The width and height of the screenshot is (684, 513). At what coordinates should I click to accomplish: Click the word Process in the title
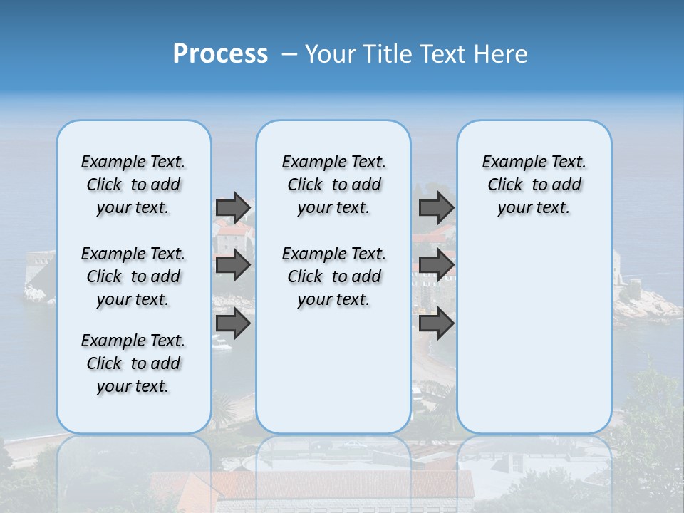(220, 54)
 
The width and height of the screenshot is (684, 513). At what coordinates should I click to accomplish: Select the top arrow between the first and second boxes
(233, 207)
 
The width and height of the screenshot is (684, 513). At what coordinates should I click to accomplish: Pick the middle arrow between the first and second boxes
(233, 265)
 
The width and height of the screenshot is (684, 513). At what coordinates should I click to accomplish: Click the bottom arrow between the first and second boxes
(233, 323)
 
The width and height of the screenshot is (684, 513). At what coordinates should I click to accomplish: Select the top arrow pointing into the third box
(436, 207)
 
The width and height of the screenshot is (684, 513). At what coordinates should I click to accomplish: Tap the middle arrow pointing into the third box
(436, 265)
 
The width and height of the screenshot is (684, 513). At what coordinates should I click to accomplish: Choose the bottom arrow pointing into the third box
(436, 323)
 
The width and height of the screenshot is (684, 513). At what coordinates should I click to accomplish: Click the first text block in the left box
(133, 185)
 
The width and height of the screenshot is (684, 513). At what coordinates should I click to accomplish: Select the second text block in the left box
(133, 276)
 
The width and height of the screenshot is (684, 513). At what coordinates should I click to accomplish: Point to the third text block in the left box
(133, 363)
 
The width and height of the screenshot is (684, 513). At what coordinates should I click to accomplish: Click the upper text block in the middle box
(333, 185)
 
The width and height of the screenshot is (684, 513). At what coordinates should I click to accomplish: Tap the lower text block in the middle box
(333, 276)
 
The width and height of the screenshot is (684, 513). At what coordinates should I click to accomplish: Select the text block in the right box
(534, 185)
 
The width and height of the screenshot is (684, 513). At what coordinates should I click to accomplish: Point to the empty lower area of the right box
(534, 328)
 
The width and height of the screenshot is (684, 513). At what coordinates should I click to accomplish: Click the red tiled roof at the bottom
(313, 488)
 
